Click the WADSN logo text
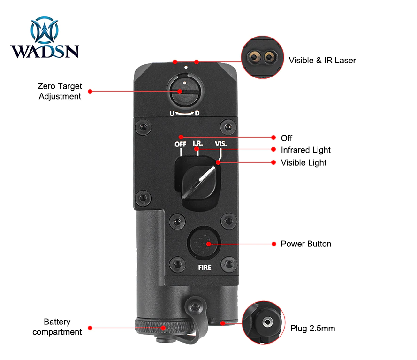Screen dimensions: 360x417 [45, 50]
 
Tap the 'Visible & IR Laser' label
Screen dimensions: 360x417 [322, 60]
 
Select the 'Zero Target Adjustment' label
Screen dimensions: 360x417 [60, 91]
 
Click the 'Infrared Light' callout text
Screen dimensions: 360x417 [305, 150]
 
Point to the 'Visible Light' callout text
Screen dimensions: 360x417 [303, 162]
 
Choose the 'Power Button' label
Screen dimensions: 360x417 [306, 244]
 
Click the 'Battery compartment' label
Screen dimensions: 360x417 [57, 327]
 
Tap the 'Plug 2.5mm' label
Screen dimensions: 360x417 [312, 328]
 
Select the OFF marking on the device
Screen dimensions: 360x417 [181, 144]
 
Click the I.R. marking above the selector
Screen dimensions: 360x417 [197, 144]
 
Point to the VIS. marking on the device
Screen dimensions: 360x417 [220, 144]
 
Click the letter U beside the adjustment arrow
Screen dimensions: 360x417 [172, 113]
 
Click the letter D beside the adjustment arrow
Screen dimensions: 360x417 [197, 113]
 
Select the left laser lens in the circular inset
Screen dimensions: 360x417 [256, 57]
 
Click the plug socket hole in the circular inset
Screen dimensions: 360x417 [267, 322]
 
